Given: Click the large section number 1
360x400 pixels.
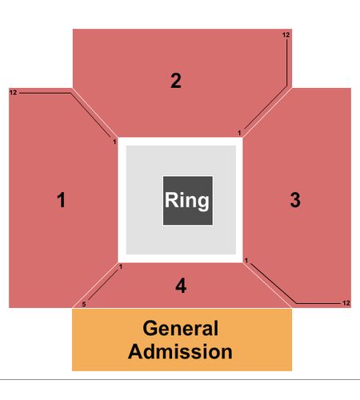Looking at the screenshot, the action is coord(62,200).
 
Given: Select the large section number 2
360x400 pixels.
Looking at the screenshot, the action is coord(176,81).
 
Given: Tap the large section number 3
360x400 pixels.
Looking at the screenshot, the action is coord(295,200).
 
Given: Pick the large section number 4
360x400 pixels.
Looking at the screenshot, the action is coord(181,286).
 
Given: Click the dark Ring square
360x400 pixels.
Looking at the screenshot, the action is coord(188,201).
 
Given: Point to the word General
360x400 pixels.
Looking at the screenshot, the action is coord(181,328).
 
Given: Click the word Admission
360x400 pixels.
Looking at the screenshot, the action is coord(180,351).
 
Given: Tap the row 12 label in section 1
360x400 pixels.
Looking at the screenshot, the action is coord(13,93).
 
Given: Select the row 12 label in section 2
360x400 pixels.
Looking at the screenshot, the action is coord(286,34).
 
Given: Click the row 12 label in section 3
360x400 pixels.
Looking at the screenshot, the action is coord(346,303).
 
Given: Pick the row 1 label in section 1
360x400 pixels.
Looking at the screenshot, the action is coord(114,142).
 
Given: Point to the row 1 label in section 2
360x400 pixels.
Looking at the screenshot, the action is coord(239,133).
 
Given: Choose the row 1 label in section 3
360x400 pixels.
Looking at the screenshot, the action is coord(246,260).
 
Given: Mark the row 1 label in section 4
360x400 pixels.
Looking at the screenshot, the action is coord(121,266).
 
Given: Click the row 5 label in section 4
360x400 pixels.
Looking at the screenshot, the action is coord(84,304).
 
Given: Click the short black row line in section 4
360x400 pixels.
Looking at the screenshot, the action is coord(103,285).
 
